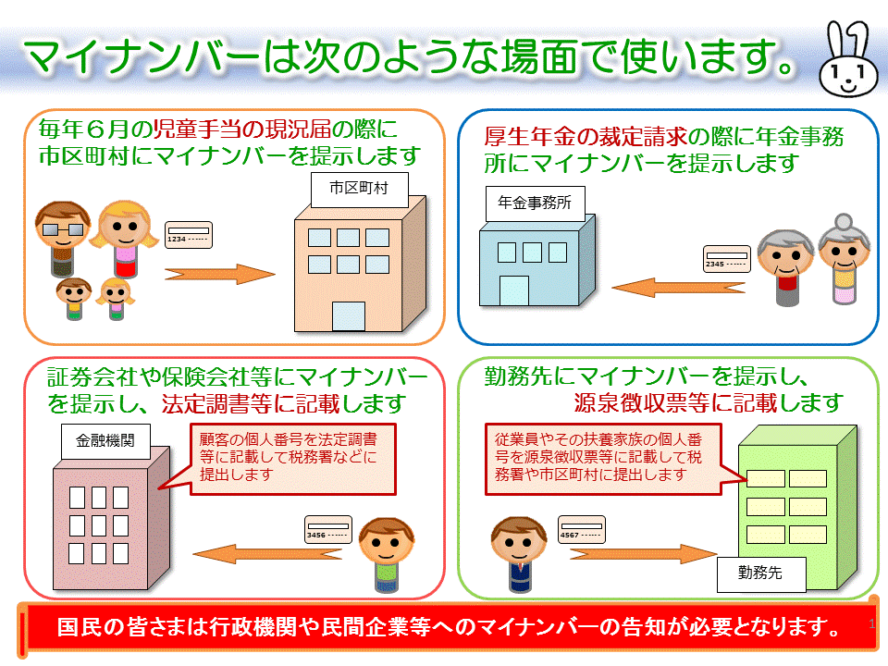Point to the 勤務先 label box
click(760, 573)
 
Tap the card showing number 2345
click(725, 260)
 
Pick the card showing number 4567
click(582, 530)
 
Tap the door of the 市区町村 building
click(348, 315)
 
